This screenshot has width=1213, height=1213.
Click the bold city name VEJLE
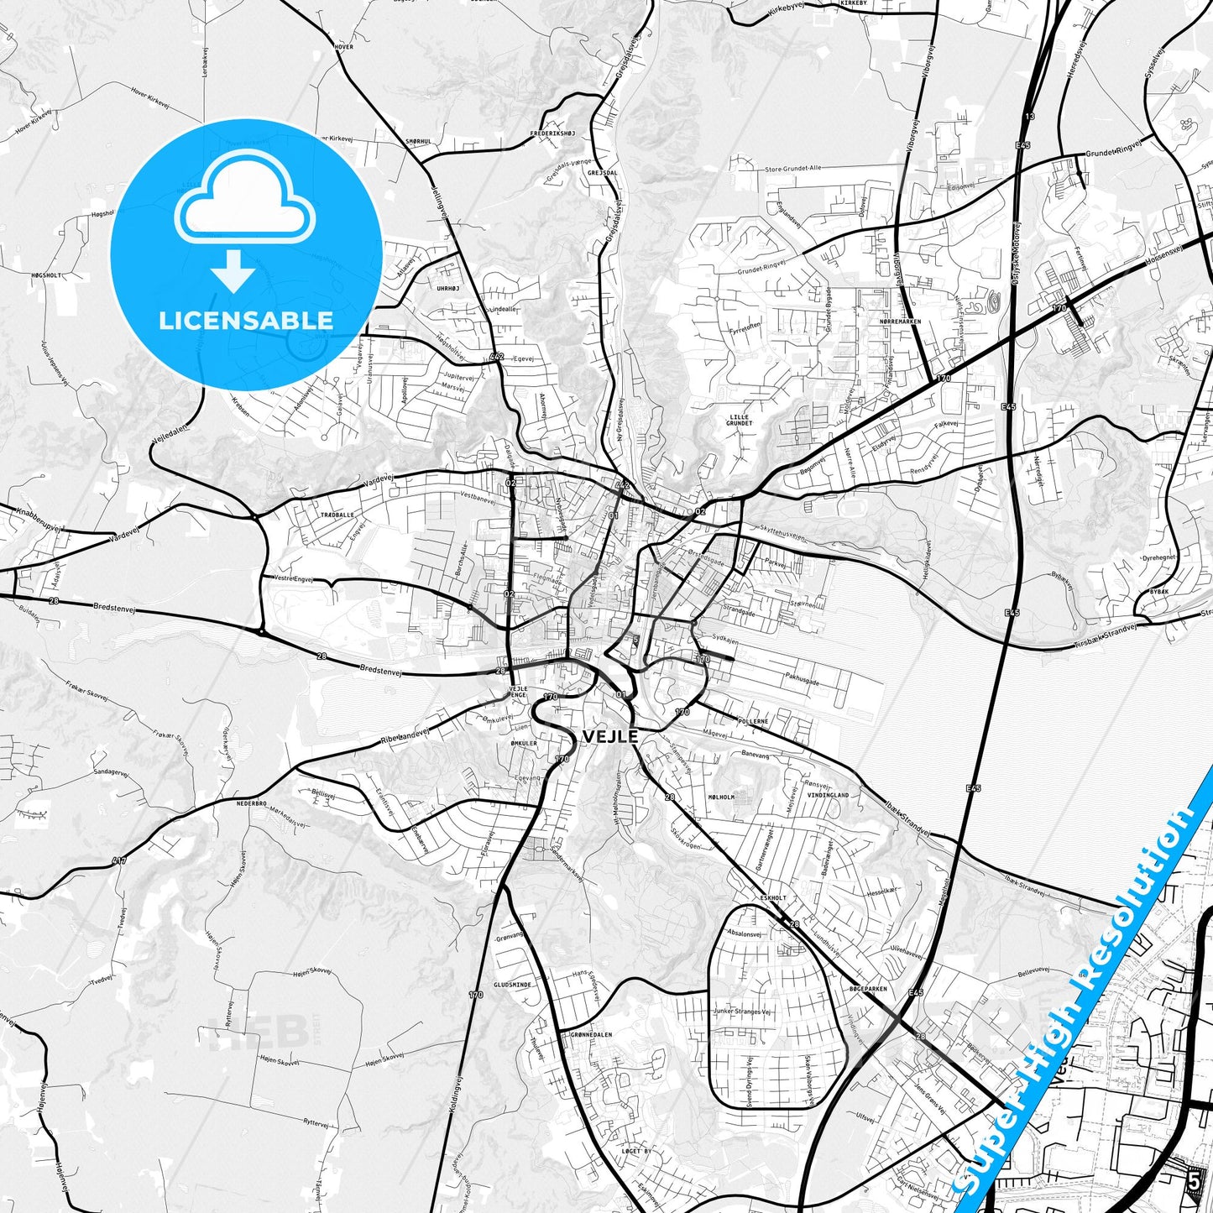pyautogui.click(x=610, y=736)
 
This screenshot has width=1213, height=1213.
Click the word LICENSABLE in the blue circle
pyautogui.click(x=246, y=320)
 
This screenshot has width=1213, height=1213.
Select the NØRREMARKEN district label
pyautogui.click(x=901, y=322)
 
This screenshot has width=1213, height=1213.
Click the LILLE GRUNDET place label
pyautogui.click(x=740, y=420)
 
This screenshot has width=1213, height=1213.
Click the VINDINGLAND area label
pyautogui.click(x=829, y=795)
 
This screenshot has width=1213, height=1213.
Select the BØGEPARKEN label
pyautogui.click(x=868, y=989)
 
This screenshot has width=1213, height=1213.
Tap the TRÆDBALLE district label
pyautogui.click(x=337, y=515)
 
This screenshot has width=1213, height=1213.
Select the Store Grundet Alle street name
pyautogui.click(x=792, y=169)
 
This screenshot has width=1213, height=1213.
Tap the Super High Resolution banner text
pyautogui.click(x=1083, y=999)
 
